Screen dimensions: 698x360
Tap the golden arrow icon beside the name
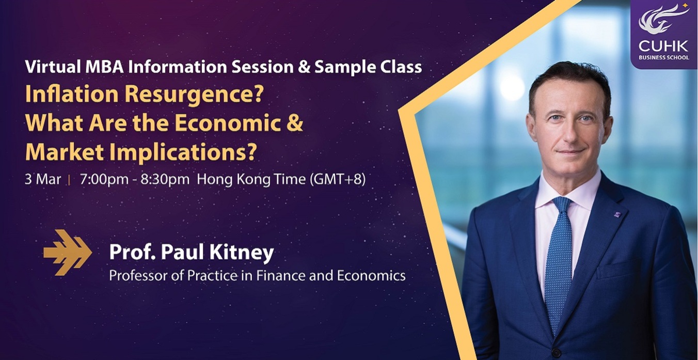point(68,253)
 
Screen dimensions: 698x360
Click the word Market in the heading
point(65,152)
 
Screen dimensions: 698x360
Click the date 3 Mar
point(43,179)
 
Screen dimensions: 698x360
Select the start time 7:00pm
point(104,179)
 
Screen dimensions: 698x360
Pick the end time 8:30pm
point(165,179)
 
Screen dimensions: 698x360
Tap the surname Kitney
point(242,253)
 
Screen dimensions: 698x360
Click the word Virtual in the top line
point(49,67)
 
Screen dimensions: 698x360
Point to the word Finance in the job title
point(280,275)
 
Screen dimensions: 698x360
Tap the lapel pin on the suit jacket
point(617,214)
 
